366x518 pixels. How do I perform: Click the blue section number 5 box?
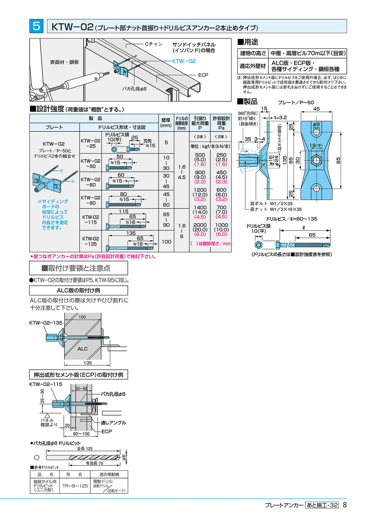coord(36,26)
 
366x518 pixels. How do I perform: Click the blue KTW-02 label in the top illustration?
coord(184,61)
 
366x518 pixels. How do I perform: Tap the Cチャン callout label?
coord(153,44)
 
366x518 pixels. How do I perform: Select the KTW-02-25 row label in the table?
coord(91,144)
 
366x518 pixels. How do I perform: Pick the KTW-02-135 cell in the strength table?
coord(91,241)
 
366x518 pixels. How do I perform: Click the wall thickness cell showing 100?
coord(166,242)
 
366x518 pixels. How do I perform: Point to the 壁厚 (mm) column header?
coord(166,123)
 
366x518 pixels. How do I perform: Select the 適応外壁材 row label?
coord(253,66)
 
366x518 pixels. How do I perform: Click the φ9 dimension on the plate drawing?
coord(316,125)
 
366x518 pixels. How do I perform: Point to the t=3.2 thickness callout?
coord(280,118)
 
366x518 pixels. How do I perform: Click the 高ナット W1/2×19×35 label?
coord(275,209)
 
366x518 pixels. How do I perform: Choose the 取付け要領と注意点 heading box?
coord(78,268)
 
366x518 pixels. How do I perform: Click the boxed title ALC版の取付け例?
coord(78,290)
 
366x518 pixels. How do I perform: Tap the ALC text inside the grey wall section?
coord(82,349)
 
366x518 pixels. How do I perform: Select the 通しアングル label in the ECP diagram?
coord(113,423)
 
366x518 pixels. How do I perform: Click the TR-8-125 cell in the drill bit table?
coord(75,486)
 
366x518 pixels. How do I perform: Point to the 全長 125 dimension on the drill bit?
coord(85,448)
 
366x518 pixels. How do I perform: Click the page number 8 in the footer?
coord(345,505)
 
